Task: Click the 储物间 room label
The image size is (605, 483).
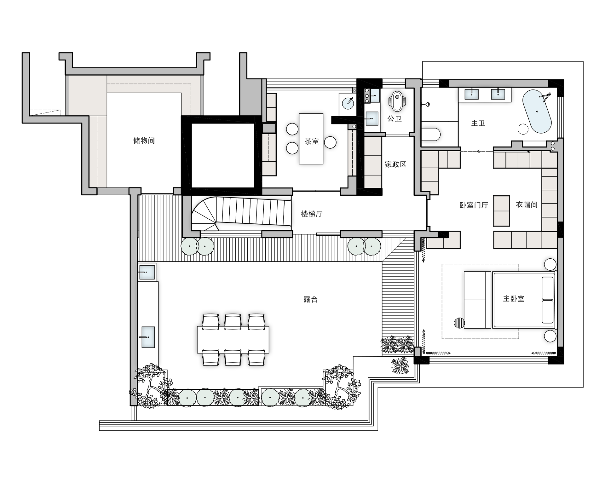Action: tap(144, 141)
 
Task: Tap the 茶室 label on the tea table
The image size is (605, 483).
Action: tap(312, 141)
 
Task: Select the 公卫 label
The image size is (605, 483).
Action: tap(395, 119)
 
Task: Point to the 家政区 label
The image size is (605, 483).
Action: tap(395, 164)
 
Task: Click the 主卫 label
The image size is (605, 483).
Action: tap(478, 123)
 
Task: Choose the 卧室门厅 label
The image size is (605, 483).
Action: tap(474, 205)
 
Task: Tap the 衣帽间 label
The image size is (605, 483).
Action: tap(527, 205)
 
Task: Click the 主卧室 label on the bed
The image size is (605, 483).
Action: tap(514, 298)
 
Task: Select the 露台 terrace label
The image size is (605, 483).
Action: tap(310, 299)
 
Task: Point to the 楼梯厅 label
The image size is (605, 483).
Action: tap(312, 214)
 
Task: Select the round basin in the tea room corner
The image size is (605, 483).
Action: tap(348, 102)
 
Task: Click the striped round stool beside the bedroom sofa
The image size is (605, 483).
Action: tap(460, 323)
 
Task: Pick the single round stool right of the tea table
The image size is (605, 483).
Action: tap(330, 142)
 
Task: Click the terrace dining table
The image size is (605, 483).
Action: tap(233, 340)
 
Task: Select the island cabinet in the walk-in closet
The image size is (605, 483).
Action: tap(501, 211)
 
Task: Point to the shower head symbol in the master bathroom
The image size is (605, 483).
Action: tap(426, 104)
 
